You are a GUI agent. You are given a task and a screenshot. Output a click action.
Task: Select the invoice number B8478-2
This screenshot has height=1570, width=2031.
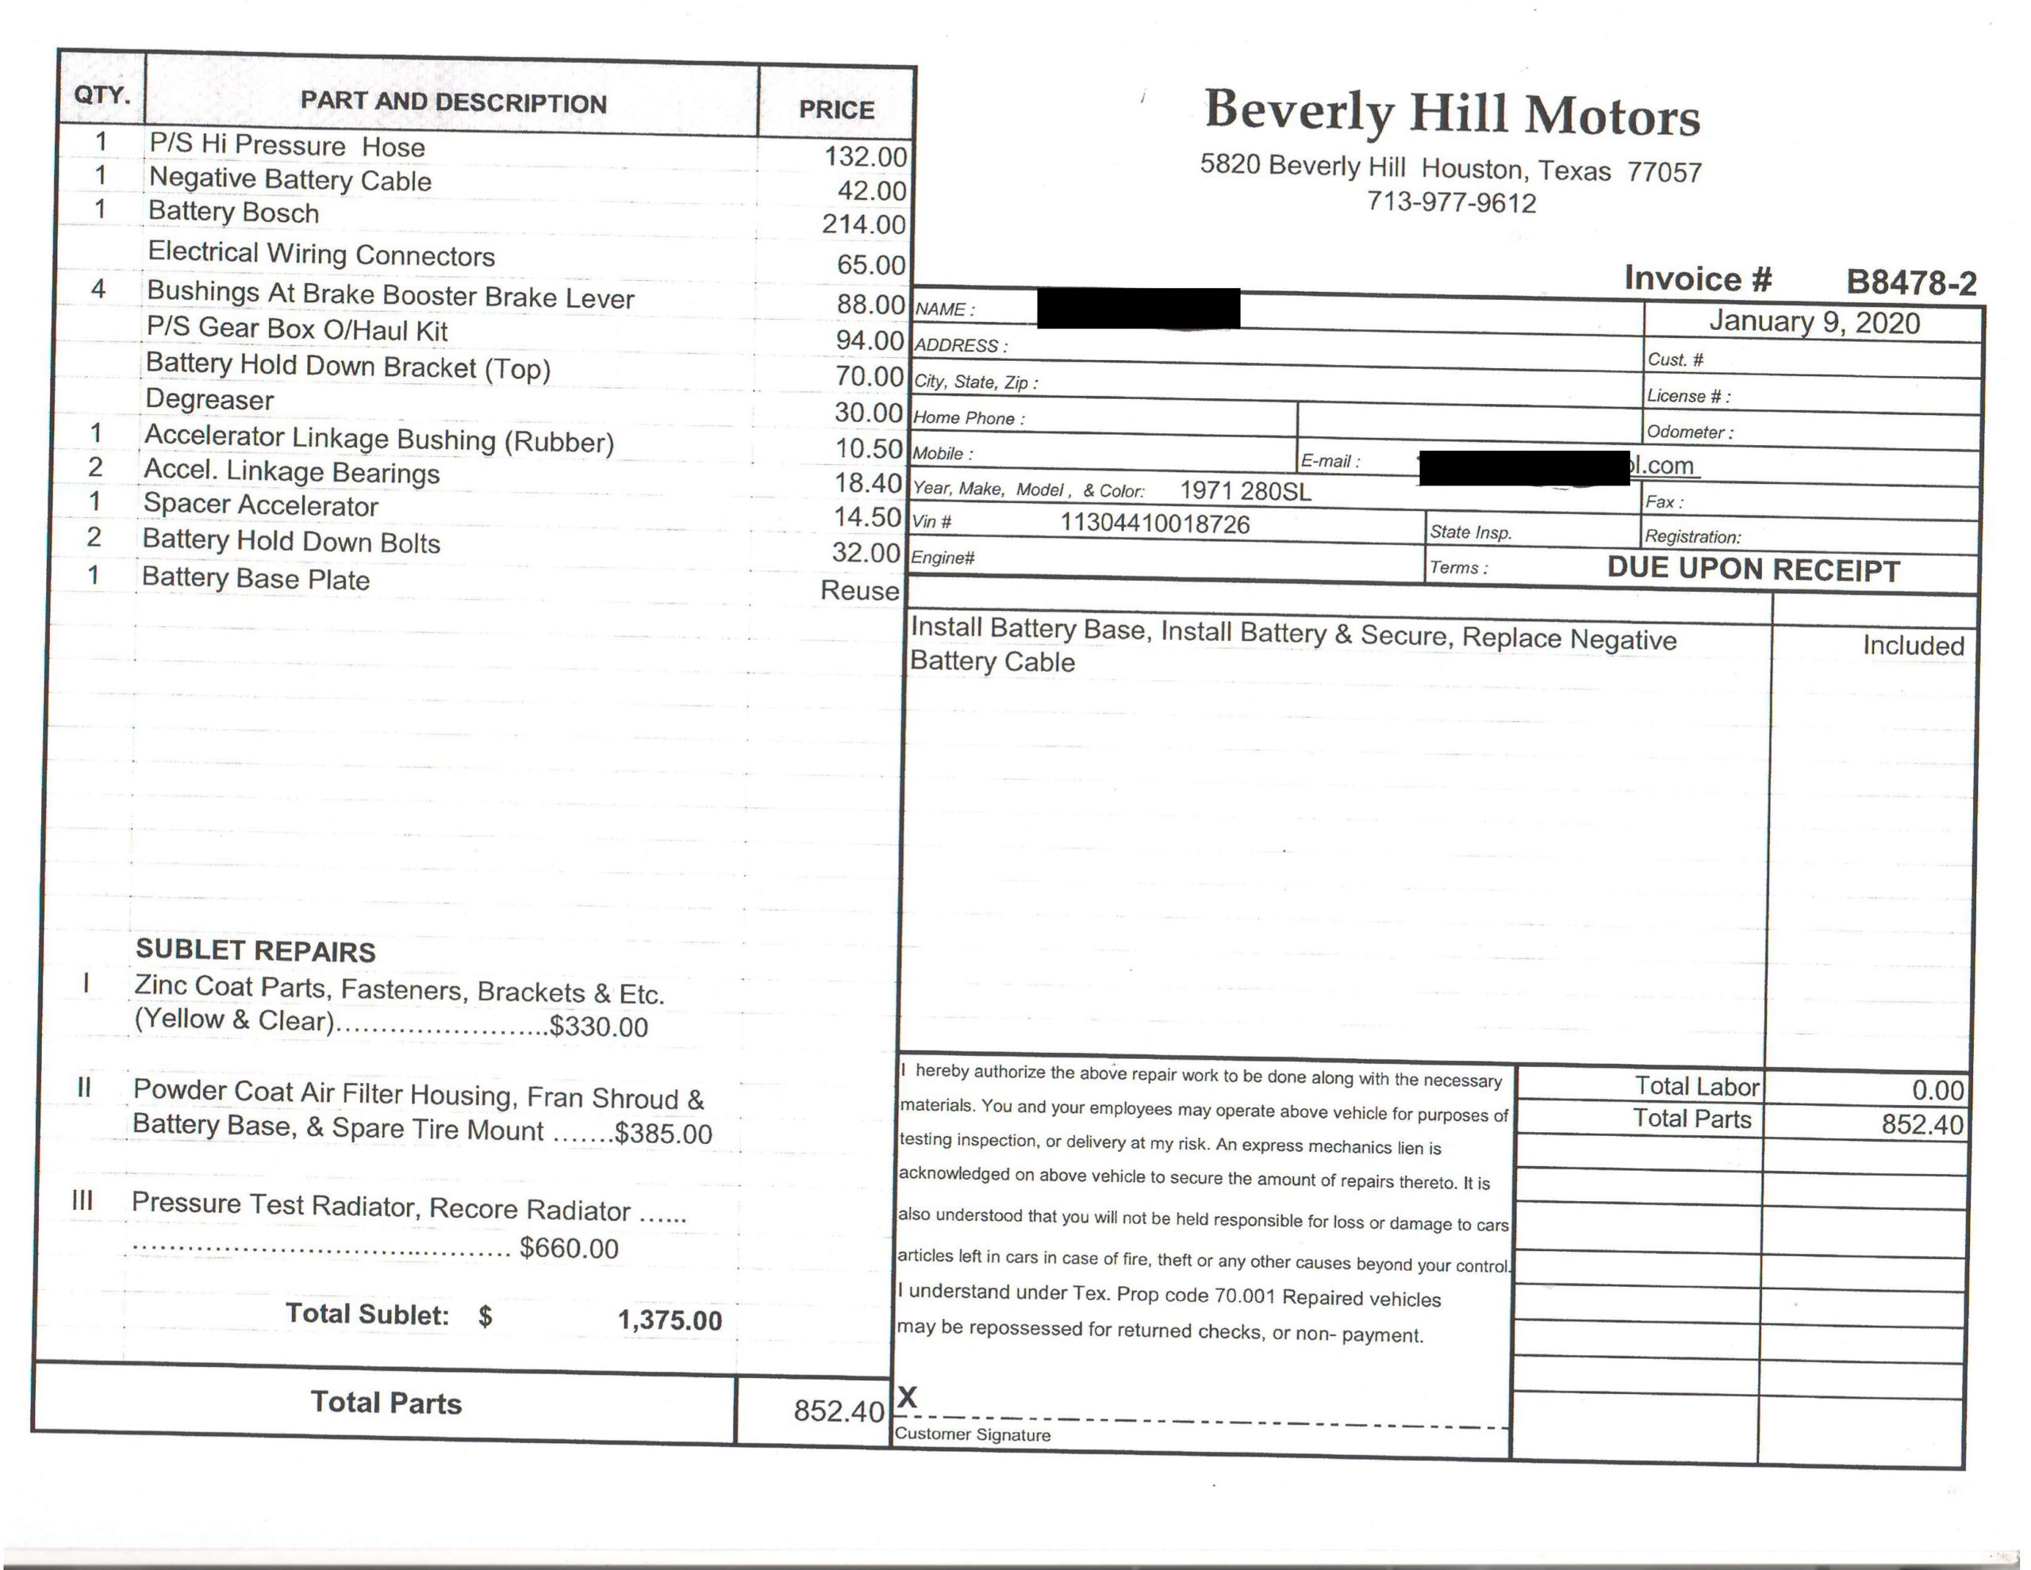click(x=1911, y=282)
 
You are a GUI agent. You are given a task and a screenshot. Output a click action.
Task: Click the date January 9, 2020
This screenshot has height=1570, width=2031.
click(x=1814, y=323)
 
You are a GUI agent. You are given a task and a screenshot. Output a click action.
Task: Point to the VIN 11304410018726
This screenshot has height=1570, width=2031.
click(x=1155, y=524)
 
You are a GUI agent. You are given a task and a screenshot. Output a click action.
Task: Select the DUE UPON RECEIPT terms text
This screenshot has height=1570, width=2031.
click(x=1753, y=570)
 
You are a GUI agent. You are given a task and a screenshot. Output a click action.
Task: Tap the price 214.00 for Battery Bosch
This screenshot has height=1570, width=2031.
click(x=863, y=225)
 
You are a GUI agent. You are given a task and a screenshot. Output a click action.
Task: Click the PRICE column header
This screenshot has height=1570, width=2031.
click(x=836, y=109)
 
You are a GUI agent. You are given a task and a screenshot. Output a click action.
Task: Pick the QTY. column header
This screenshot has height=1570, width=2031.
click(x=102, y=95)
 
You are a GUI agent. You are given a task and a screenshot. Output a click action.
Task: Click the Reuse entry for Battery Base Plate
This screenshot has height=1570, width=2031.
click(x=859, y=590)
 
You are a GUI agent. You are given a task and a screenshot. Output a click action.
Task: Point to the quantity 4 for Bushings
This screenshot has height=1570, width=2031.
click(x=98, y=290)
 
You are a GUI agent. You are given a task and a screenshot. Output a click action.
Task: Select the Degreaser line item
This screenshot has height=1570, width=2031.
click(x=210, y=400)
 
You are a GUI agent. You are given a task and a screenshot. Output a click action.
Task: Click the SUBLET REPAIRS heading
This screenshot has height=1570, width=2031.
click(x=255, y=950)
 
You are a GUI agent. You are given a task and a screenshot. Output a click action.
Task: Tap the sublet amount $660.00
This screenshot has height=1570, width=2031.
click(x=568, y=1248)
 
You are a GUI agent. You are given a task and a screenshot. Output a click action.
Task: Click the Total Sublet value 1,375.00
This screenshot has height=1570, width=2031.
click(x=670, y=1320)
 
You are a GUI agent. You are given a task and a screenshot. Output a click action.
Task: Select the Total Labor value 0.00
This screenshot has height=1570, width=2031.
click(x=1937, y=1090)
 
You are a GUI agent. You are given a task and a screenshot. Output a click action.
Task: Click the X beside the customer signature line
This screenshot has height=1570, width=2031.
click(x=908, y=1397)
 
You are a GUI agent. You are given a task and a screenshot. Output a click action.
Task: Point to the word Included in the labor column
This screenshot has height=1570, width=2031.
click(x=1913, y=646)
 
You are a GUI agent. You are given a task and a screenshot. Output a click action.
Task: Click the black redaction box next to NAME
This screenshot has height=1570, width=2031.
click(x=1138, y=309)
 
